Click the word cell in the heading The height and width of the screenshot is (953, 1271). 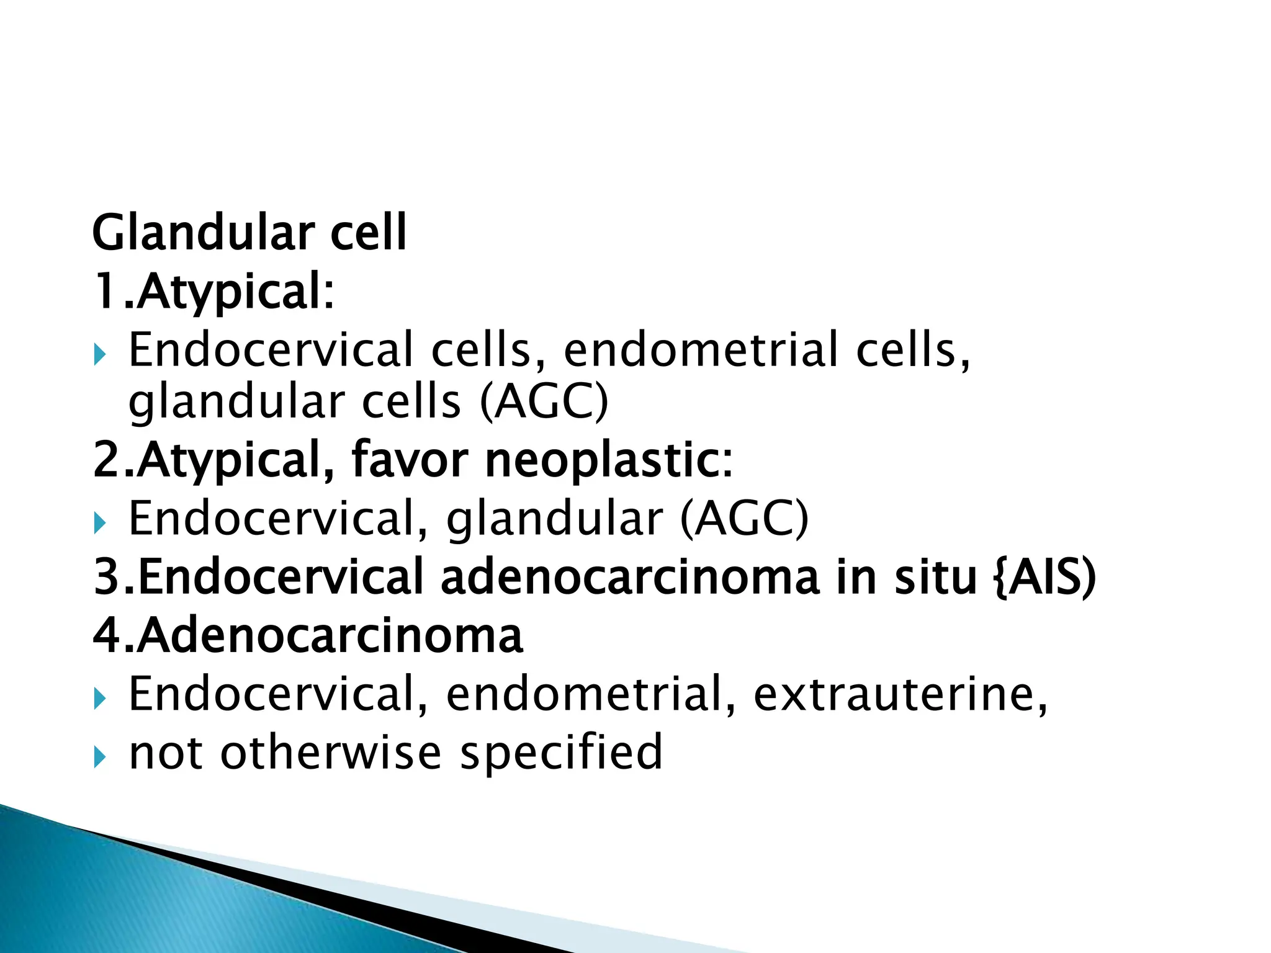[x=368, y=233]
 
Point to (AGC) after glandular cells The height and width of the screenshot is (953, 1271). [x=545, y=401]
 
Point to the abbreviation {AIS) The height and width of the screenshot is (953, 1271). [x=1045, y=577]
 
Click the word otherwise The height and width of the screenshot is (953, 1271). [x=330, y=752]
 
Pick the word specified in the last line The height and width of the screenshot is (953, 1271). [x=561, y=752]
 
